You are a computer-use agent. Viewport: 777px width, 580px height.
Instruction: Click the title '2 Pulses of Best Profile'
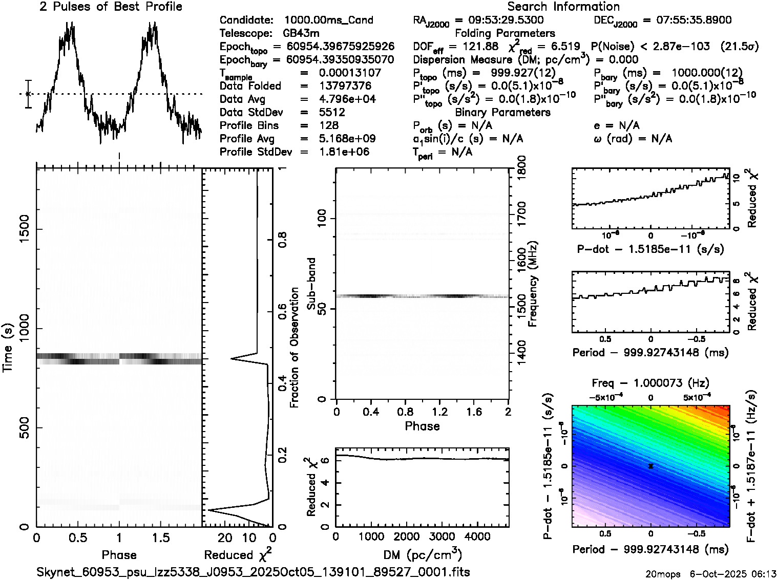click(x=111, y=7)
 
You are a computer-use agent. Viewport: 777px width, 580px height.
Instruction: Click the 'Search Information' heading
click(x=563, y=7)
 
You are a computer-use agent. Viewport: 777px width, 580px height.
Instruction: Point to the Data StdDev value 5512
click(x=332, y=112)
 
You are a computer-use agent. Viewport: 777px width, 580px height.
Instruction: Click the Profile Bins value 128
click(x=328, y=125)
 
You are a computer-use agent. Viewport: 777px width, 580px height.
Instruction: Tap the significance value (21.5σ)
click(x=739, y=47)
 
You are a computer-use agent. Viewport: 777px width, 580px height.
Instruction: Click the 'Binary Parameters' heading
click(x=502, y=112)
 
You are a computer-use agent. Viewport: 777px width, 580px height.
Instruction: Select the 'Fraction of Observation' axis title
click(x=294, y=347)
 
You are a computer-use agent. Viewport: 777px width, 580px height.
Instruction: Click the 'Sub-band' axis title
click(x=311, y=284)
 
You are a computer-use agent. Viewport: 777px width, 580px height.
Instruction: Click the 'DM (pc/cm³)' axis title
click(x=422, y=554)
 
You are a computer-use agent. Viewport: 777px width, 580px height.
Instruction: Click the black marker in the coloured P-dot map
click(x=650, y=466)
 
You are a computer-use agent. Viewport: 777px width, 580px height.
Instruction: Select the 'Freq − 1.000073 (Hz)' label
click(x=650, y=383)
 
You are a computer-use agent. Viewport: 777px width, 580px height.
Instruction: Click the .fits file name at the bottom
click(x=253, y=572)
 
